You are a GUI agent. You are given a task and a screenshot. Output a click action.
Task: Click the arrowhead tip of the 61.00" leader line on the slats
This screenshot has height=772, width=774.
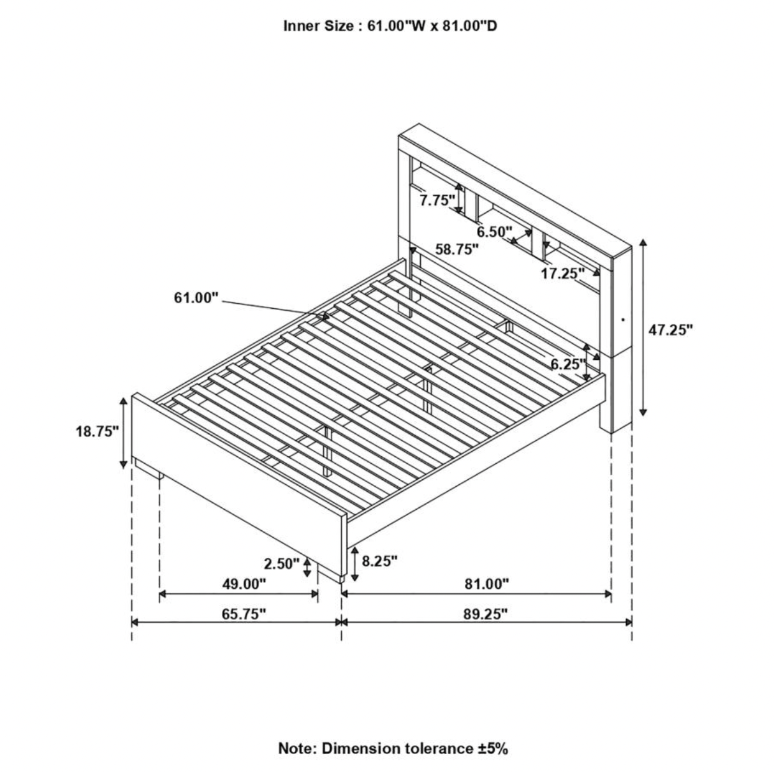pyautogui.click(x=330, y=318)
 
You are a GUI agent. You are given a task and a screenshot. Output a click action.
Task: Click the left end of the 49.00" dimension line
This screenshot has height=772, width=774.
pyautogui.click(x=160, y=605)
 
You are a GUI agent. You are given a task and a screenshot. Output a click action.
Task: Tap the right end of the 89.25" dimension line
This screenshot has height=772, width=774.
pyautogui.click(x=632, y=634)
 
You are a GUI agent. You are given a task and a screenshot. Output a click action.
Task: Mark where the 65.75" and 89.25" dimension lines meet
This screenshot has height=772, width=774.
pyautogui.click(x=341, y=634)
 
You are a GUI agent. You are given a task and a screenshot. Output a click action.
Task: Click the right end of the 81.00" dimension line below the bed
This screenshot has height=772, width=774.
pyautogui.click(x=611, y=605)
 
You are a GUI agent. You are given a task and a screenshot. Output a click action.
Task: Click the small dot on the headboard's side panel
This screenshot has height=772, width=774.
pyautogui.click(x=622, y=320)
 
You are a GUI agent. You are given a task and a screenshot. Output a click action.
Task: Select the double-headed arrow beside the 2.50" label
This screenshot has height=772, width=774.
pyautogui.click(x=307, y=567)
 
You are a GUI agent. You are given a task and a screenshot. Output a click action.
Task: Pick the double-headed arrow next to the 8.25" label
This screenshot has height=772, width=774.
pyautogui.click(x=354, y=564)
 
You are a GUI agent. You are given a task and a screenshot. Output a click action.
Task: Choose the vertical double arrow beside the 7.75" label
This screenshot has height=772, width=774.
pyautogui.click(x=458, y=198)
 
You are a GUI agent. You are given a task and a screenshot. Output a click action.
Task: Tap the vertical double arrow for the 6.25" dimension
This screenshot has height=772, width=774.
pyautogui.click(x=586, y=362)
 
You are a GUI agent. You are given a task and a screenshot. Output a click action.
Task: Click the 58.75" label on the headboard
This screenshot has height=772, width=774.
pyautogui.click(x=458, y=249)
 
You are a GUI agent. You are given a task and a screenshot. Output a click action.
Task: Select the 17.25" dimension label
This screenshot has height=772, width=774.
pyautogui.click(x=562, y=274)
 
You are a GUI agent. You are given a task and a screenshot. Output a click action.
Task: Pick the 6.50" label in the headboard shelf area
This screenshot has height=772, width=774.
pyautogui.click(x=495, y=232)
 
